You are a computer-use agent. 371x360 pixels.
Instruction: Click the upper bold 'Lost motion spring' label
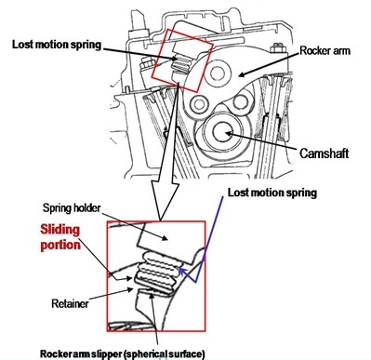coord(57,45)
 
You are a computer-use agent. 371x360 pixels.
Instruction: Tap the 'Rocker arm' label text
coord(325,51)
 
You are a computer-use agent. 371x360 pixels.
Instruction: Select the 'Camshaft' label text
coord(325,153)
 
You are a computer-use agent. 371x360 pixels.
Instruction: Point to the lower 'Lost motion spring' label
coord(272,193)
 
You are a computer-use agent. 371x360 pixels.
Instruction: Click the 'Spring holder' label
coord(72,208)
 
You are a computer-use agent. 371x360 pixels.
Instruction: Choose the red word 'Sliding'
coord(60,230)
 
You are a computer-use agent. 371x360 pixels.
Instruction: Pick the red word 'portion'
coord(60,245)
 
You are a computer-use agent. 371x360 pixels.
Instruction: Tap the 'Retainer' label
coord(70,303)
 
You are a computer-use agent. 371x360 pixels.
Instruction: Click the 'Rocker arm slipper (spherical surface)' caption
coord(123,353)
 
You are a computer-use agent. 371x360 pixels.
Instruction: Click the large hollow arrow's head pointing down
coord(166,202)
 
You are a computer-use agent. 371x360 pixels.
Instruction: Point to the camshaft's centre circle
coord(222,133)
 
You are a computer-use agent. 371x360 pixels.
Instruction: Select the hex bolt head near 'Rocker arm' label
coord(276,49)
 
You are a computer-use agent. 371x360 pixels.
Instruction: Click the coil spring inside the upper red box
coord(179,63)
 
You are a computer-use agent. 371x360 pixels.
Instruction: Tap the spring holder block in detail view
coord(165,238)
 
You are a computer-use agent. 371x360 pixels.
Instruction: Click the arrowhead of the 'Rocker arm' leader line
coord(242,74)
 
